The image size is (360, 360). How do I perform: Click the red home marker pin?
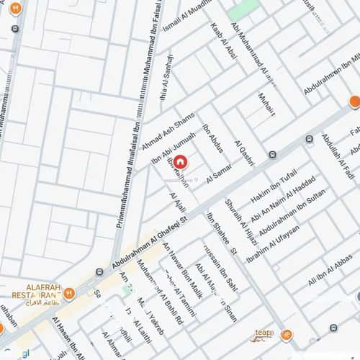[180, 163]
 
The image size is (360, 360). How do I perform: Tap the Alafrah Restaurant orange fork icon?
[69, 293]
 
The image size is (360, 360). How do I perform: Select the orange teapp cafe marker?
[287, 335]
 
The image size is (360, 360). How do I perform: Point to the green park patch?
[244, 9]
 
